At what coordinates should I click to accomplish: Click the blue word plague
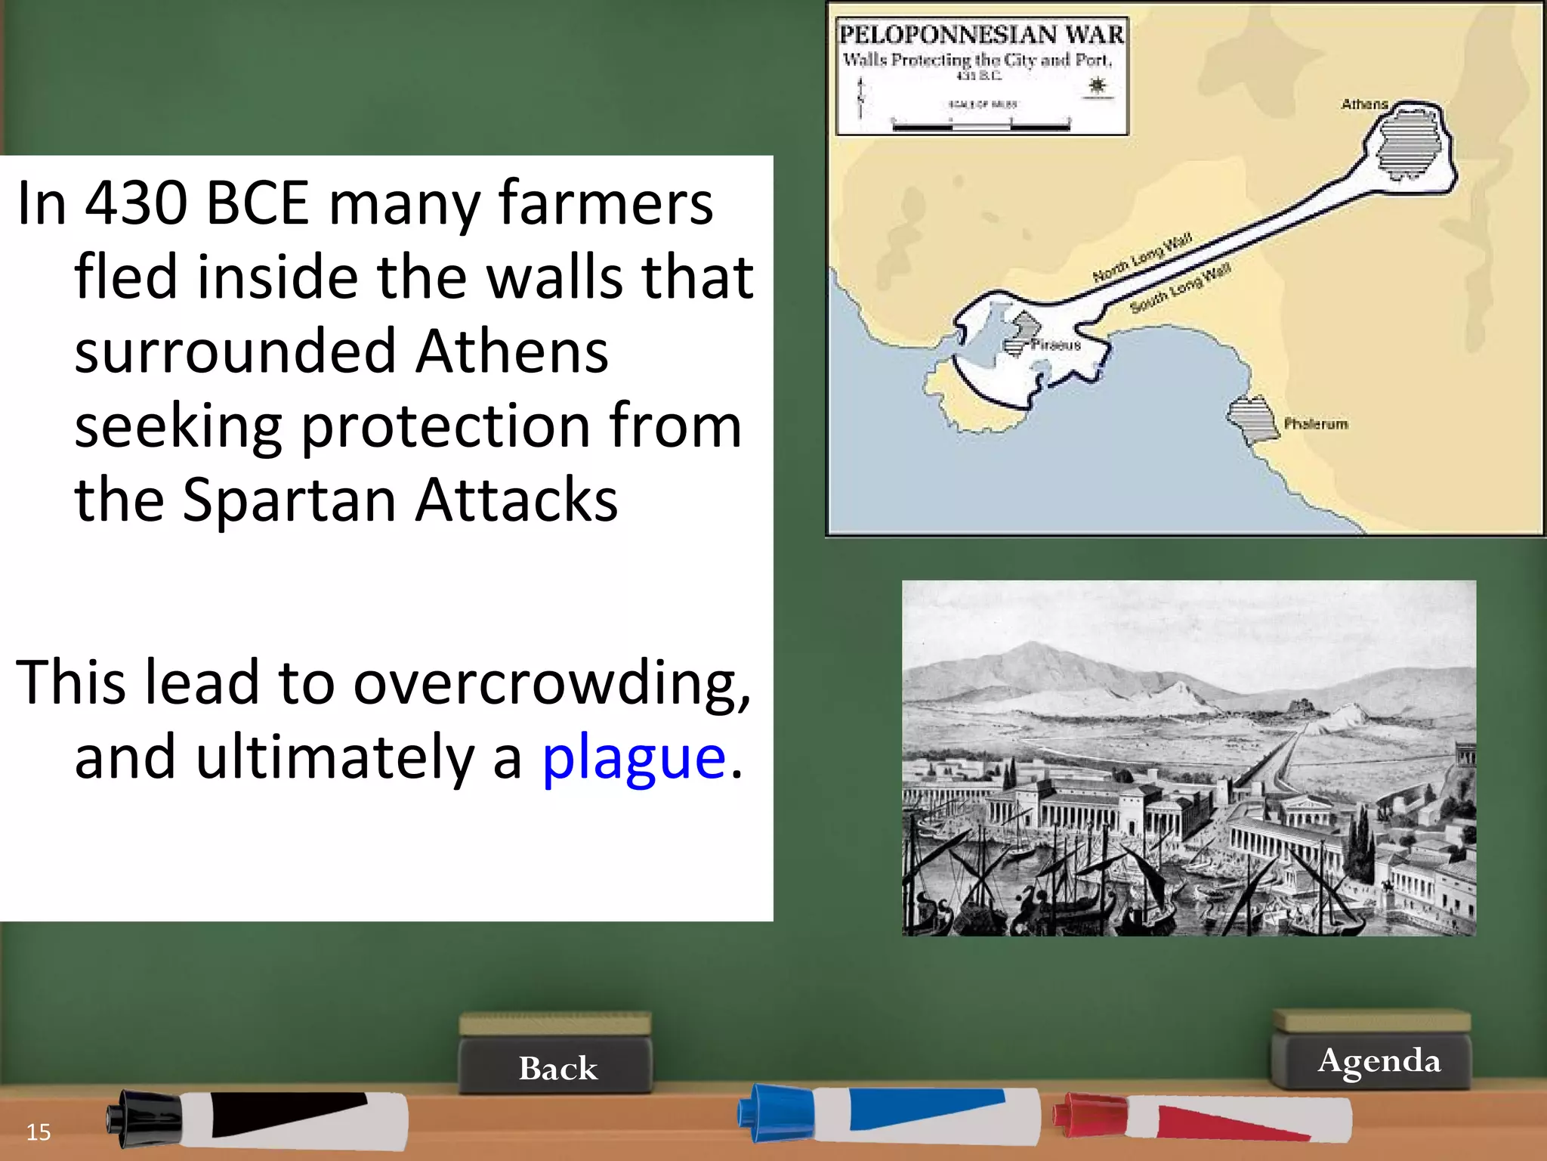(x=633, y=758)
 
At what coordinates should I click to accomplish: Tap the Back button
(x=557, y=1068)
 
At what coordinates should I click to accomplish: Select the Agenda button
(x=1379, y=1060)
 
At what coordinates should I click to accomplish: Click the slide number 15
(x=39, y=1132)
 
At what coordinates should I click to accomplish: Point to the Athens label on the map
(x=1363, y=104)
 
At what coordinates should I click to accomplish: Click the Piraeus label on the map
(x=1056, y=345)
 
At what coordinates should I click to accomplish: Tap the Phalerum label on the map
(x=1316, y=424)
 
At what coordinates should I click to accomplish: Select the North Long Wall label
(x=1141, y=258)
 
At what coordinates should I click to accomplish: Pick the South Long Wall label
(x=1180, y=289)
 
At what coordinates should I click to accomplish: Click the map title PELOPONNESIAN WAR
(x=981, y=35)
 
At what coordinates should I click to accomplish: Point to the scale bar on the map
(x=980, y=125)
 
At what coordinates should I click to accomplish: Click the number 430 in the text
(x=136, y=203)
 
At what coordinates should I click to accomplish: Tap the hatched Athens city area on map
(x=1407, y=143)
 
